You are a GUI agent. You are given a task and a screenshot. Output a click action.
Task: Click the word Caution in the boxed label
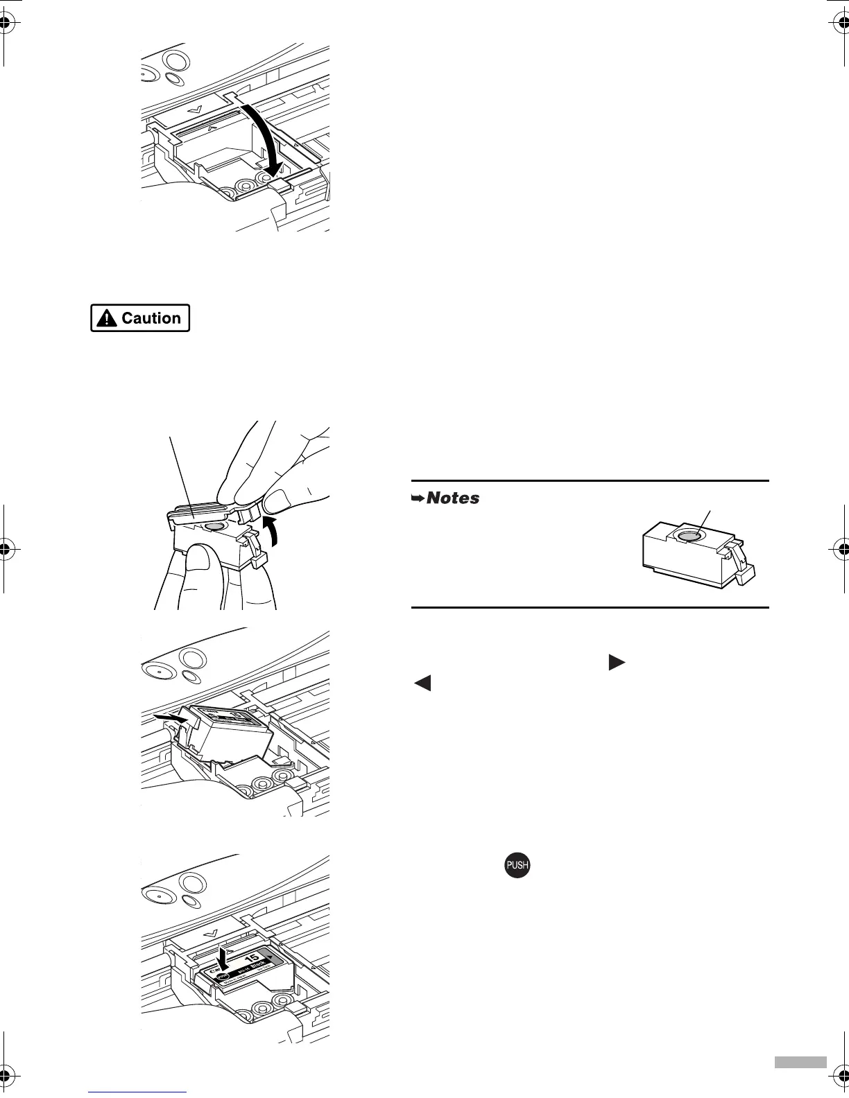(151, 318)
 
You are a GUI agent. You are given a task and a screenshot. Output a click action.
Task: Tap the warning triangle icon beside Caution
(107, 318)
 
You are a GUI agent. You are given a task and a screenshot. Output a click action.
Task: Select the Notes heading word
(453, 498)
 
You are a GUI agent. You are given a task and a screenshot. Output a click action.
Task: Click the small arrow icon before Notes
(418, 498)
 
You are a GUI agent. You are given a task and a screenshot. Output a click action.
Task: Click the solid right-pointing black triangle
(616, 662)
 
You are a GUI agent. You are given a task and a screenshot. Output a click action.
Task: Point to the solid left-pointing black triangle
(422, 683)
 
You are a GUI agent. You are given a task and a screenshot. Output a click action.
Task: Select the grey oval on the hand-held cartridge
(214, 527)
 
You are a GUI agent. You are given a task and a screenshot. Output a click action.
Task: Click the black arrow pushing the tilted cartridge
(171, 718)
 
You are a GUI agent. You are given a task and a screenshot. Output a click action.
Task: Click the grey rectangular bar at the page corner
(800, 1082)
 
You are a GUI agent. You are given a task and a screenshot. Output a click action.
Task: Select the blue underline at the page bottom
(137, 1092)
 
